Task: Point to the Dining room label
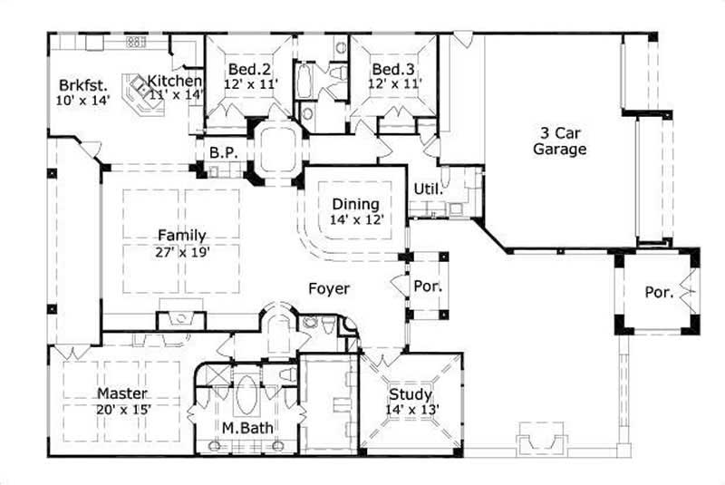pos(355,204)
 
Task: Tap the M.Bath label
pos(248,428)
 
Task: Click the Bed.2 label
pos(246,69)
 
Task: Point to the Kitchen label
pos(174,81)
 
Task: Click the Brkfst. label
pos(79,85)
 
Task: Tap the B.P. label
pos(223,153)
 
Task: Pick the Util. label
pos(428,189)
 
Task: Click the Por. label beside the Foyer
pos(427,286)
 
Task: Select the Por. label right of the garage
pos(659,293)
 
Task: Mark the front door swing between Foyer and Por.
pos(399,284)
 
